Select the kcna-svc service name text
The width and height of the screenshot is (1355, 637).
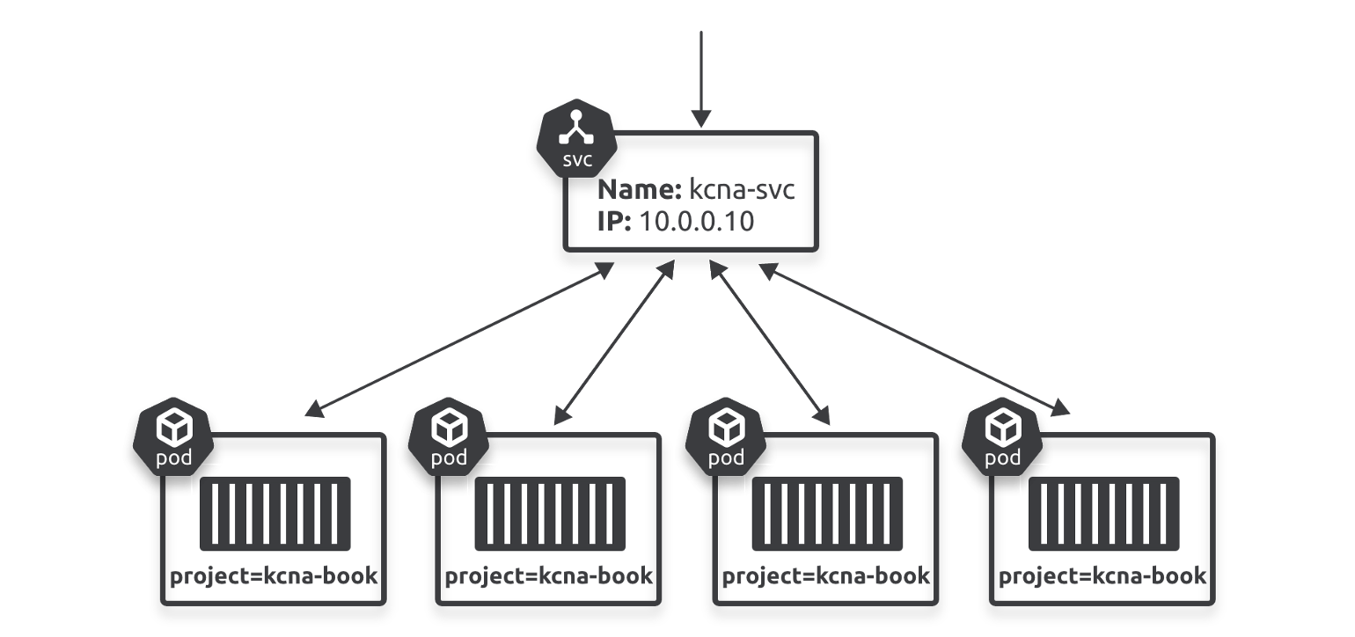pyautogui.click(x=743, y=191)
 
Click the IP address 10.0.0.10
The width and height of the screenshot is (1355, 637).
pyautogui.click(x=697, y=221)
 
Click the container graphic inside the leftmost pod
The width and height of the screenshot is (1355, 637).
pyautogui.click(x=275, y=514)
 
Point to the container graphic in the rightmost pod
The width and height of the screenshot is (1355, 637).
pyautogui.click(x=1103, y=514)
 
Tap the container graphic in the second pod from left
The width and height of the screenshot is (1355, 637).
pyautogui.click(x=550, y=514)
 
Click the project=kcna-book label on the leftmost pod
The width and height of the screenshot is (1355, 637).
pyautogui.click(x=274, y=577)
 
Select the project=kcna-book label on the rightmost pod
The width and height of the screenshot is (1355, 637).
pyautogui.click(x=1102, y=577)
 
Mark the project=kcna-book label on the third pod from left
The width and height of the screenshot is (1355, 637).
pyautogui.click(x=825, y=577)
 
